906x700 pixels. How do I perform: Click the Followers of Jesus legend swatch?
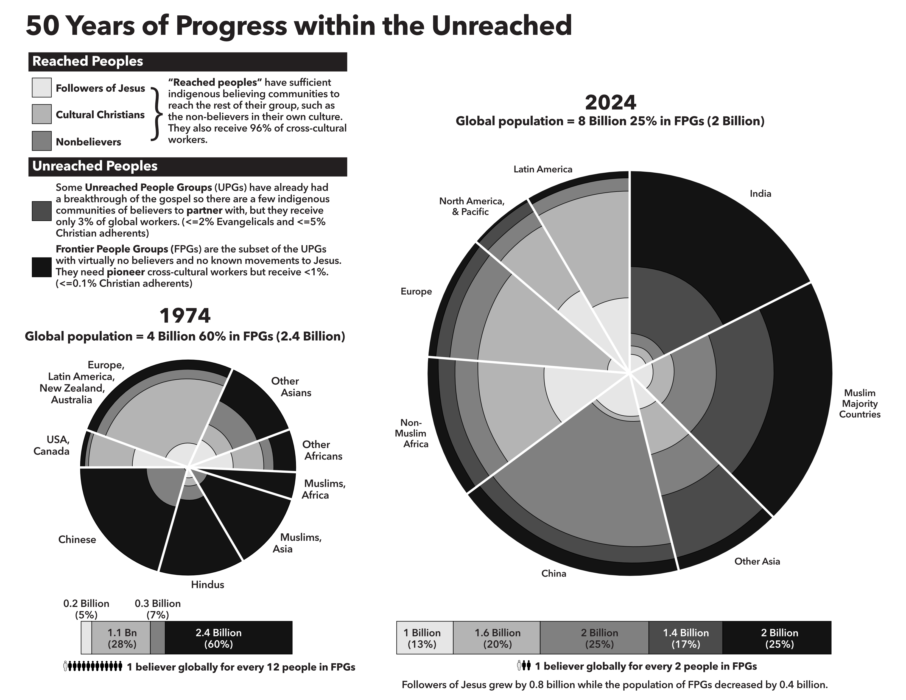coord(41,88)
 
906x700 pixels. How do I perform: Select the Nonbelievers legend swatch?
coord(41,141)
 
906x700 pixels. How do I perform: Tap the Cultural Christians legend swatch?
coord(41,114)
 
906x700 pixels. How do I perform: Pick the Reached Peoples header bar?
coord(188,61)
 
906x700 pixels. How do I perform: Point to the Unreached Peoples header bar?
coord(188,166)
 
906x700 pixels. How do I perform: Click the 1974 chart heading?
coord(185,316)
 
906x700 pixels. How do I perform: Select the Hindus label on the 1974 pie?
coord(207,585)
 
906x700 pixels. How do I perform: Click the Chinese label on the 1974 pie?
coord(77,539)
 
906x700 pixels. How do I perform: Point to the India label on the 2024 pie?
coord(760,194)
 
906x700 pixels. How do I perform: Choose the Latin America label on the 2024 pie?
coord(543,169)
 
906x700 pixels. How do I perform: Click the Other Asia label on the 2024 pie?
coord(757,561)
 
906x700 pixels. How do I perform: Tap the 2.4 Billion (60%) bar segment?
coord(228,638)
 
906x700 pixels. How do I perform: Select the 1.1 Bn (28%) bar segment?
coord(121,638)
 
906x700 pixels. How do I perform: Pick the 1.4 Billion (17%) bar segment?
coord(685,638)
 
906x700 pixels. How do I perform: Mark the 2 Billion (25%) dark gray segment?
coord(594,638)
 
